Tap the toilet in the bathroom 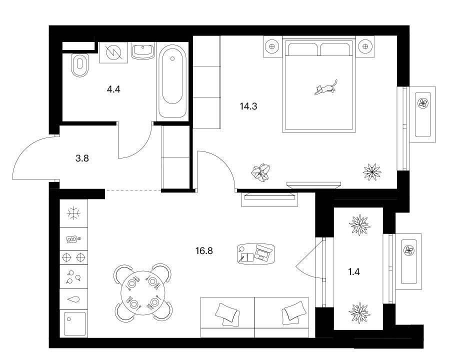(x=80, y=65)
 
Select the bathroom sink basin (x=143, y=51)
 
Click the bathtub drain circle (x=172, y=58)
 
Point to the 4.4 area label (x=113, y=89)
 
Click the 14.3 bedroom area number (x=248, y=106)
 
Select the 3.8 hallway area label (x=82, y=158)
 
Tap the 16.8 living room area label (x=204, y=251)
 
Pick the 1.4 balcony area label (x=354, y=271)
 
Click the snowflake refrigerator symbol (x=73, y=213)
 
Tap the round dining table (x=143, y=292)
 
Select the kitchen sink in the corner (x=74, y=323)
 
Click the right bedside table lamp (x=365, y=46)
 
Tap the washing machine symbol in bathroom (x=113, y=52)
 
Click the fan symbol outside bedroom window (x=423, y=103)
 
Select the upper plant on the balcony (x=359, y=225)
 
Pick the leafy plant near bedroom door (x=260, y=172)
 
